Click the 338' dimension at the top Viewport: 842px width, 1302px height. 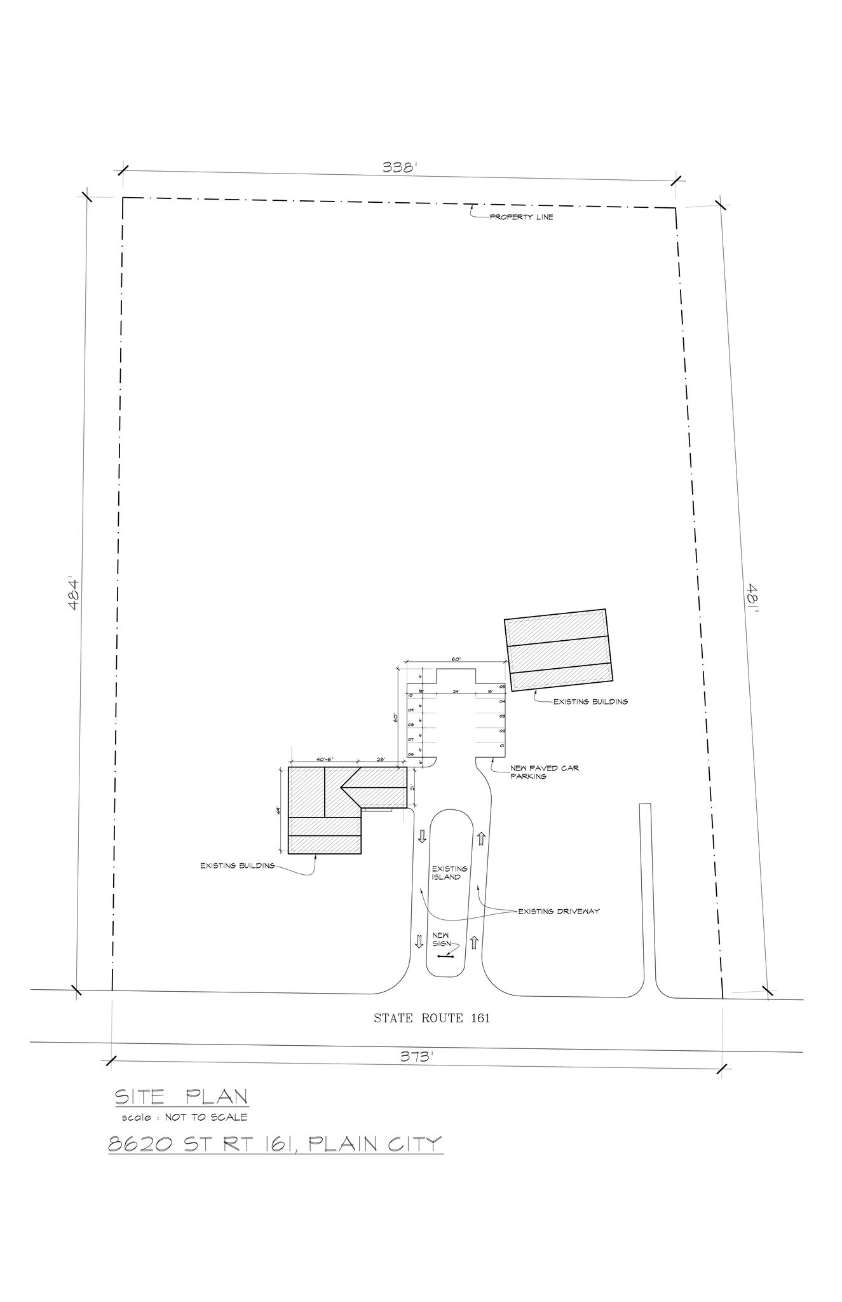click(x=399, y=168)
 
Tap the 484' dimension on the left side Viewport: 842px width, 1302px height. click(x=74, y=594)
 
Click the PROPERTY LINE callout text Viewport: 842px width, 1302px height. click(x=521, y=217)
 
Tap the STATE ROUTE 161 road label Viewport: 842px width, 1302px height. click(x=431, y=1018)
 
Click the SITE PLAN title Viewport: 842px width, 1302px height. click(x=180, y=1097)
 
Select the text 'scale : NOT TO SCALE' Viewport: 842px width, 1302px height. click(x=184, y=1117)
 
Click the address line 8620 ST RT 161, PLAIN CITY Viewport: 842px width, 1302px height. click(x=275, y=1144)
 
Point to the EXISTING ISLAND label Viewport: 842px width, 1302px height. click(x=449, y=873)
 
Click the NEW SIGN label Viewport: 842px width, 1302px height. click(x=441, y=939)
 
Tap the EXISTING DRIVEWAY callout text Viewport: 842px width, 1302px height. click(x=559, y=911)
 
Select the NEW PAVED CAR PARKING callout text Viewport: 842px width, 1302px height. click(x=544, y=772)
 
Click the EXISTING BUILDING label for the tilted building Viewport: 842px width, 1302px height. click(x=590, y=702)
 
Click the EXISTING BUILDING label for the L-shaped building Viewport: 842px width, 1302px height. click(x=237, y=865)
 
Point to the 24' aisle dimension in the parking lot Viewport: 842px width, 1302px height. click(x=456, y=690)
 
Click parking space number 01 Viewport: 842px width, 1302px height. click(x=501, y=745)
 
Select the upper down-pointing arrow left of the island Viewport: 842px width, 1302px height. click(x=421, y=836)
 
